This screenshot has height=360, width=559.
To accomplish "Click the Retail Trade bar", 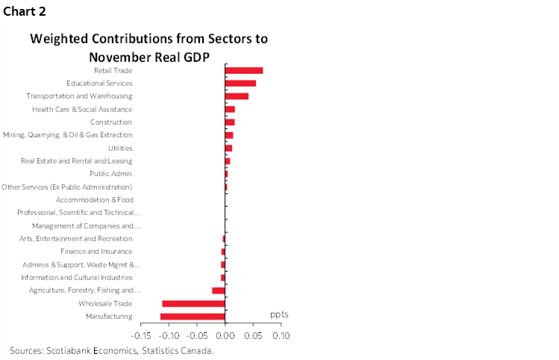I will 244,70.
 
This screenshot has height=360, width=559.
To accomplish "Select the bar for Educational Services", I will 240,83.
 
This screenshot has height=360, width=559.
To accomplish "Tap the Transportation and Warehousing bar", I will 237,96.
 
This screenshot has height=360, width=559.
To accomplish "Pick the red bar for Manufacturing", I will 193,317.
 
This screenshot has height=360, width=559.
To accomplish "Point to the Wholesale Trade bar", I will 193,303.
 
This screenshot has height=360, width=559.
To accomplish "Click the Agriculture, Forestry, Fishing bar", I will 219,291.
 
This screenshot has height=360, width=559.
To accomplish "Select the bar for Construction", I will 230,122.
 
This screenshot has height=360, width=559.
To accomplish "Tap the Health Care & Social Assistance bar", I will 230,109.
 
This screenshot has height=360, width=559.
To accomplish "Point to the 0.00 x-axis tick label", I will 225,337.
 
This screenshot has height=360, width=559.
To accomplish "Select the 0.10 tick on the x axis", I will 281,337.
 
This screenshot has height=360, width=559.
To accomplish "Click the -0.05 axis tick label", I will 197,337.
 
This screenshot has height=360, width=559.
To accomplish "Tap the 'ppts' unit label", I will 279,314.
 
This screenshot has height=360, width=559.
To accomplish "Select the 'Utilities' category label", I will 120,148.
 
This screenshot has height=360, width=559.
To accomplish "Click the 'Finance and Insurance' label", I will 96,252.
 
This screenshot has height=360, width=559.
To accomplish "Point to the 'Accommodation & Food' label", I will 95,199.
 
